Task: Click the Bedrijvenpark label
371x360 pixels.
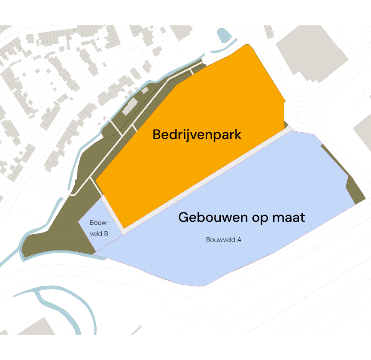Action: click(197, 135)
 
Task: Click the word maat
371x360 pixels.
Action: click(289, 217)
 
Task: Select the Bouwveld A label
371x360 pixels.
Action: click(224, 240)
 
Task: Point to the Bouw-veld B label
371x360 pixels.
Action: click(99, 228)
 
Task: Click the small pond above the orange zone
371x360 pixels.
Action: click(224, 35)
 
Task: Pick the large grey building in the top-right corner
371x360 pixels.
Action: click(312, 51)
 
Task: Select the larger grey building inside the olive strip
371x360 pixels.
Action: click(129, 107)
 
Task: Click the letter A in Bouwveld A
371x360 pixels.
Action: click(239, 240)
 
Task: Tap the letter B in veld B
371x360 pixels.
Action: click(106, 234)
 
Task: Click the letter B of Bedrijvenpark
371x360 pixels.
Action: click(157, 135)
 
